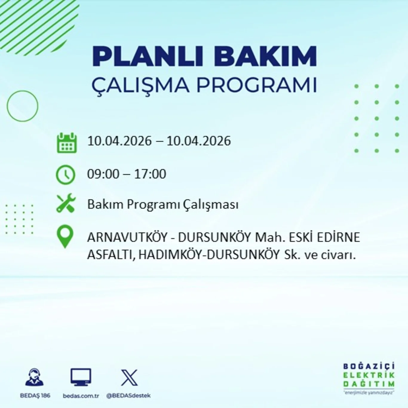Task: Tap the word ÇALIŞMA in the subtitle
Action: point(140,85)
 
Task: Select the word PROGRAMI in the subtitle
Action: point(256,85)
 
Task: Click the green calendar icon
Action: point(67,143)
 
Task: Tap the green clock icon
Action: point(66,174)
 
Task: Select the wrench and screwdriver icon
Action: point(66,203)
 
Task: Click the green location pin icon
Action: point(65,236)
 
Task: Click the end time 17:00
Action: point(150,174)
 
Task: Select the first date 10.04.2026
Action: point(119,141)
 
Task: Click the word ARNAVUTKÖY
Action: point(127,238)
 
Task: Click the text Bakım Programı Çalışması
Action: point(163,205)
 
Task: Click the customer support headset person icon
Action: point(35,377)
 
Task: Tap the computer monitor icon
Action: point(81,377)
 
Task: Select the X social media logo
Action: point(129,378)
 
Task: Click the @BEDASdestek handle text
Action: point(128,396)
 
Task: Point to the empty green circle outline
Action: point(22,106)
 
